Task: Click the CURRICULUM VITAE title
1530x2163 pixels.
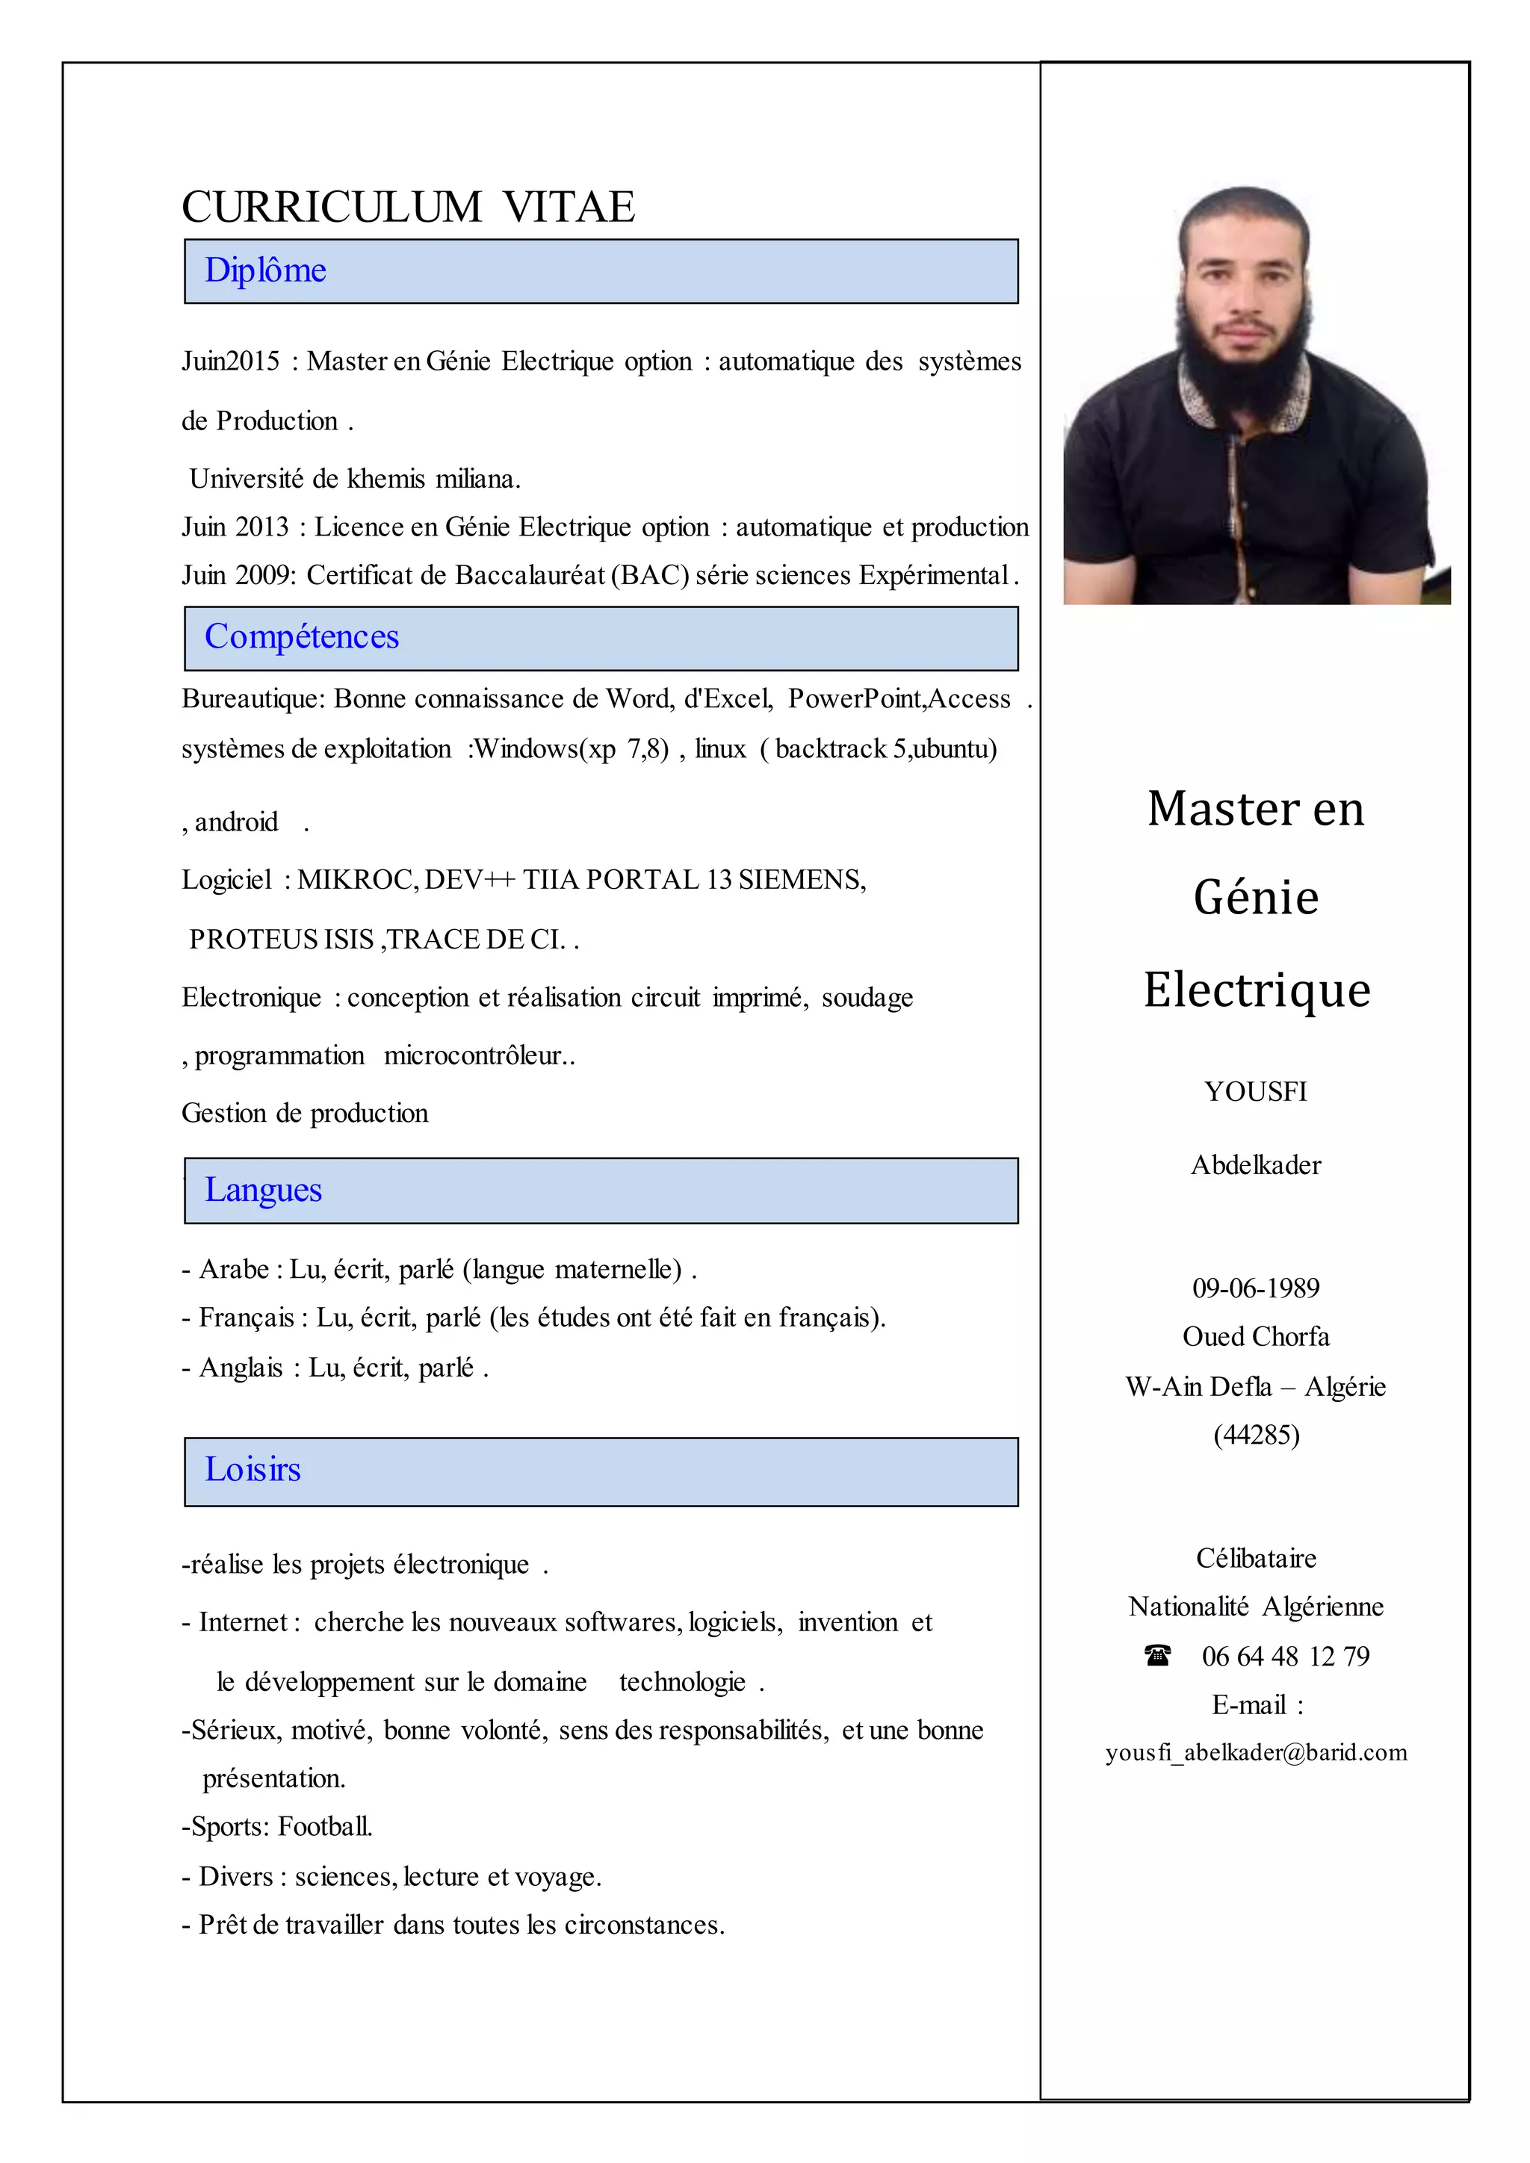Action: click(x=408, y=207)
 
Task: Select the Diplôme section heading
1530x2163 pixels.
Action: click(x=266, y=270)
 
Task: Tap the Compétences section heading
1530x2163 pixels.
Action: click(x=302, y=637)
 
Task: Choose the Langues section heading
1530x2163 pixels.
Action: click(x=263, y=1190)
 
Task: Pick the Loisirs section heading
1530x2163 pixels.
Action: click(x=253, y=1470)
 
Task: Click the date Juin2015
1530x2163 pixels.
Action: click(x=231, y=361)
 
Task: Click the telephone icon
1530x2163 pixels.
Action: click(x=1158, y=1654)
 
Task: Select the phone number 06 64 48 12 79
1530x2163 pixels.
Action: click(x=1285, y=1656)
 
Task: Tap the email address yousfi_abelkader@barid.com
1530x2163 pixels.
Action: click(x=1256, y=1753)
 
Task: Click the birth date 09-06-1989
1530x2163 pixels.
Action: click(x=1256, y=1288)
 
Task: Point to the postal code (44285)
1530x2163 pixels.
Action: click(x=1256, y=1435)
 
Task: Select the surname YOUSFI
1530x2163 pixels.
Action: click(x=1256, y=1092)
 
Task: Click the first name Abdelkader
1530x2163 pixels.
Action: click(x=1256, y=1165)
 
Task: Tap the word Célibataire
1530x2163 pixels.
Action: click(x=1256, y=1558)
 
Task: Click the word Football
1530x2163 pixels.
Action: click(x=325, y=1827)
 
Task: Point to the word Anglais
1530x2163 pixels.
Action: click(x=241, y=1368)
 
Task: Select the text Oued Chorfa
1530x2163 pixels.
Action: click(x=1256, y=1337)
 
